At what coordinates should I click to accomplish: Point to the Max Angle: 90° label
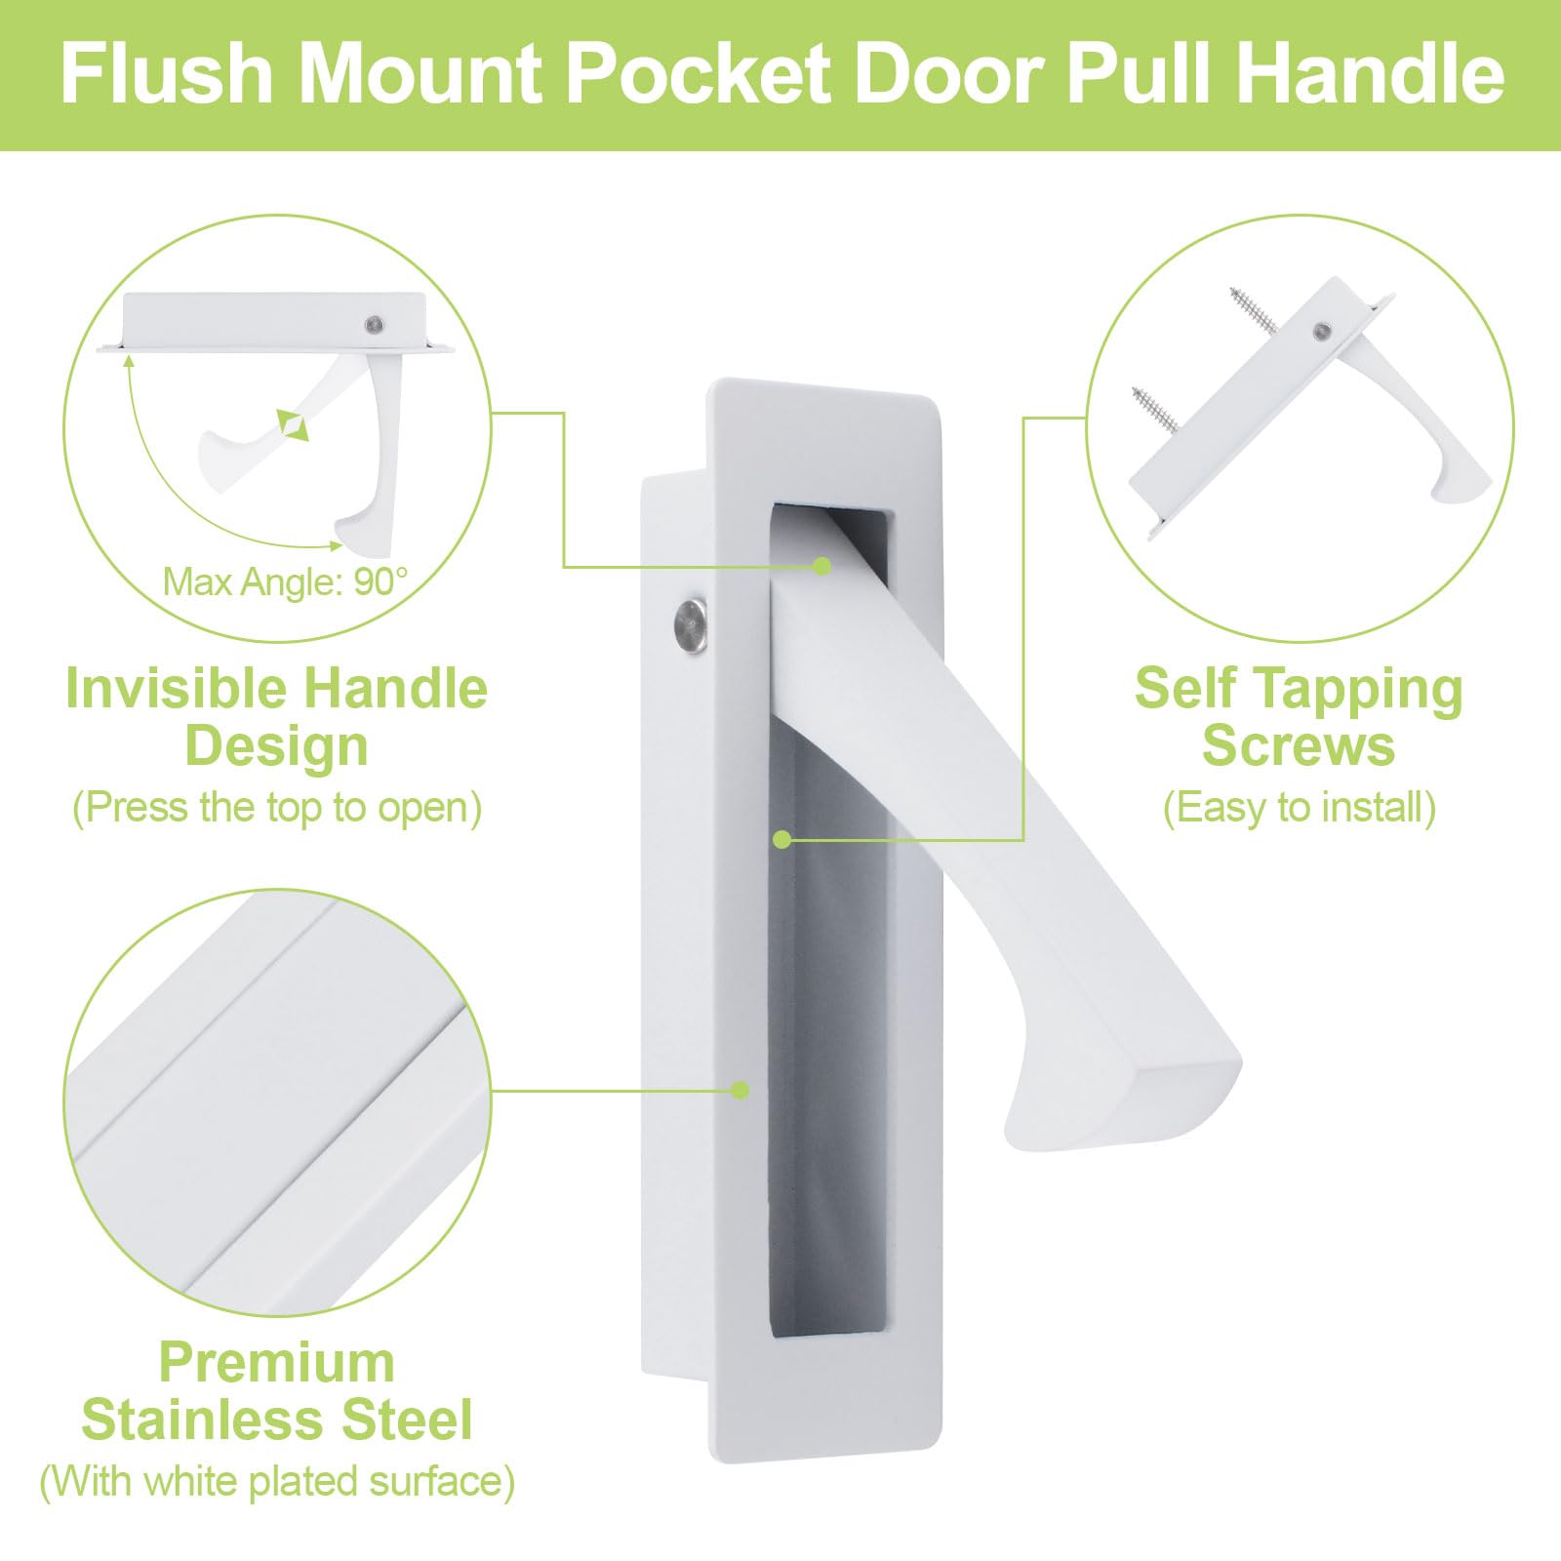point(285,581)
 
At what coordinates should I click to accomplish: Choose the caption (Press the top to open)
point(277,808)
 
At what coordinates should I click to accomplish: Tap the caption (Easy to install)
point(1300,808)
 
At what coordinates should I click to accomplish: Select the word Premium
point(277,1362)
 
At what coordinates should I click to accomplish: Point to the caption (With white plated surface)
point(277,1481)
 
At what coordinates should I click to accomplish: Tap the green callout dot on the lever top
point(822,566)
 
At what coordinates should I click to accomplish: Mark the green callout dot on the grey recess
point(781,839)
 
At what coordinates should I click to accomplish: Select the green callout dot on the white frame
point(740,1090)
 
